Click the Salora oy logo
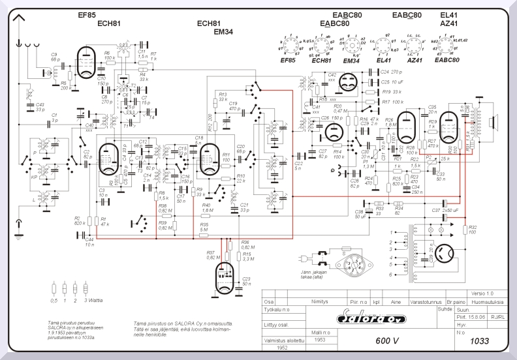click(369, 318)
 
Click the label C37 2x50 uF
click(445, 211)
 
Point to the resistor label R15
click(246, 255)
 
